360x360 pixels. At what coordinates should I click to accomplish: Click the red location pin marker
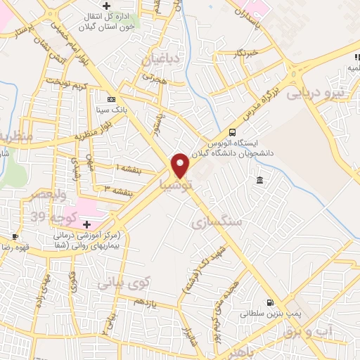180,166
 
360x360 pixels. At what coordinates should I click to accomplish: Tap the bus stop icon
232,132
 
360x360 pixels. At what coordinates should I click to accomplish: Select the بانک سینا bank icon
111,99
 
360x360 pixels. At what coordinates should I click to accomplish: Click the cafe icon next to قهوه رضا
15,236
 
